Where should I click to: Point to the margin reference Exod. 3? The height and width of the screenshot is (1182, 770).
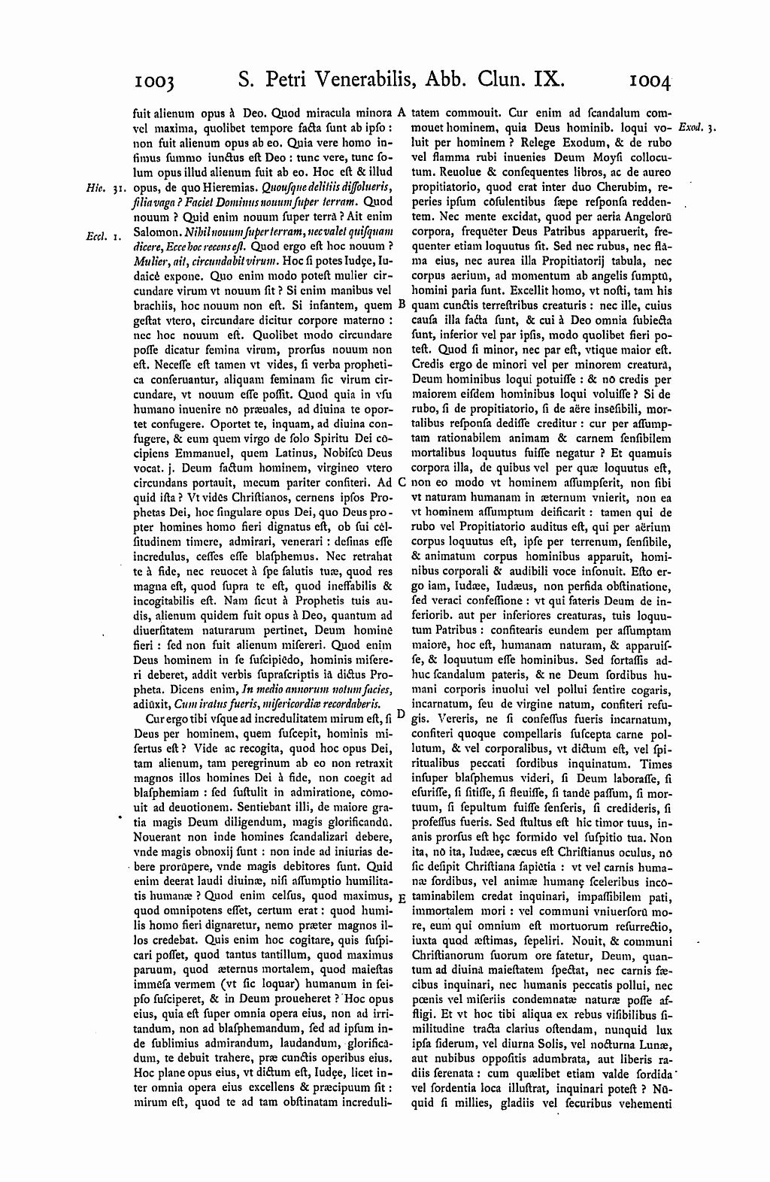coord(697,128)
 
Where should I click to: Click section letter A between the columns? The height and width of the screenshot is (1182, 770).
coord(402,112)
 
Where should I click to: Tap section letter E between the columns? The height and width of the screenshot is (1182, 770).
coord(402,898)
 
